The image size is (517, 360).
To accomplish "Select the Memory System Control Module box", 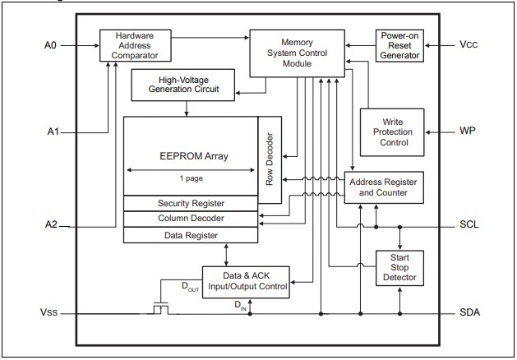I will (297, 53).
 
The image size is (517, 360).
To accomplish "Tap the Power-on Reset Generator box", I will (399, 45).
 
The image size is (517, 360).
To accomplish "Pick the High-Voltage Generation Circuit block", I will (182, 85).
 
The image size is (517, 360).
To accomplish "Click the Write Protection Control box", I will (393, 132).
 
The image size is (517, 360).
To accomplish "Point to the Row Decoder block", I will (270, 159).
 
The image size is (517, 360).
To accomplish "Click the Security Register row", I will (191, 203).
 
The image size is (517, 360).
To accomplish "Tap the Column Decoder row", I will (191, 219).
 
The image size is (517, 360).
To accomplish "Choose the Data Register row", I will (191, 235).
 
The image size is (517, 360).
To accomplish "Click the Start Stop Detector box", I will (399, 268).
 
